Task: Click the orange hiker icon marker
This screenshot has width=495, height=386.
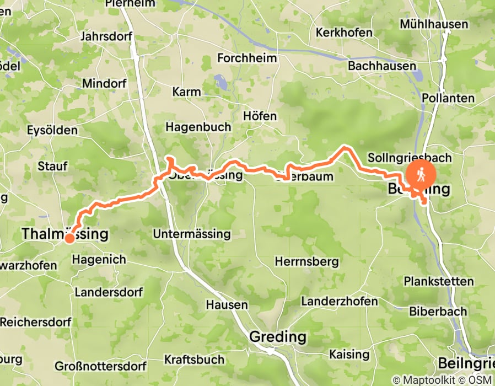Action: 421,174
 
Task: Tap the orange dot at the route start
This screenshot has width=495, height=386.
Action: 69,239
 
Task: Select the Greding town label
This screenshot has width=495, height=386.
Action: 278,336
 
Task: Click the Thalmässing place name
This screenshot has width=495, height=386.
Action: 64,234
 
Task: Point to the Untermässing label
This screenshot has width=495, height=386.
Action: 191,234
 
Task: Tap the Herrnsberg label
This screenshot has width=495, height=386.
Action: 306,261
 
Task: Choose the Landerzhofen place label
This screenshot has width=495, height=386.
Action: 340,301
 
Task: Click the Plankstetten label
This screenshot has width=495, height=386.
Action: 438,281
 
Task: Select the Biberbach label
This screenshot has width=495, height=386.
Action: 438,311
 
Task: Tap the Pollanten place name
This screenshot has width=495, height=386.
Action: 448,98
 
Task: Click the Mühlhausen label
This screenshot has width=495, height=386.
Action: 434,24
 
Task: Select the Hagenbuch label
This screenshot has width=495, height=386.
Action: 198,127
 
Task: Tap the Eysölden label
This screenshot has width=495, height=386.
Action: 52,131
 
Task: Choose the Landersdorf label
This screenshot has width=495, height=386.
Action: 108,292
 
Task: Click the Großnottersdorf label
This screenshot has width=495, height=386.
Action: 100,366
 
